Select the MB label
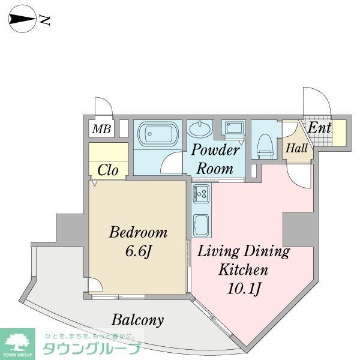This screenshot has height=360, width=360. point(101,128)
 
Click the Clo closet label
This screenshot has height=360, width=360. point(108,170)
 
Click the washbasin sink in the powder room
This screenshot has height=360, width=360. point(200,128)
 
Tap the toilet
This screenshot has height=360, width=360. point(264,143)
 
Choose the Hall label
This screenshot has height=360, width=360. point(296,148)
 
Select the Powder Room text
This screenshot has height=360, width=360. point(215,158)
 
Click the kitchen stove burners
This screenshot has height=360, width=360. point(201,194)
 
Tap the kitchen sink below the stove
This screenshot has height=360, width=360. point(201,224)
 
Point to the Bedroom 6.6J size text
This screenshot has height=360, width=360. point(137,249)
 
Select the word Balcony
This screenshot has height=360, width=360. point(136,320)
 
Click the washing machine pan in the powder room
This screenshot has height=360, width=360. point(232,128)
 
